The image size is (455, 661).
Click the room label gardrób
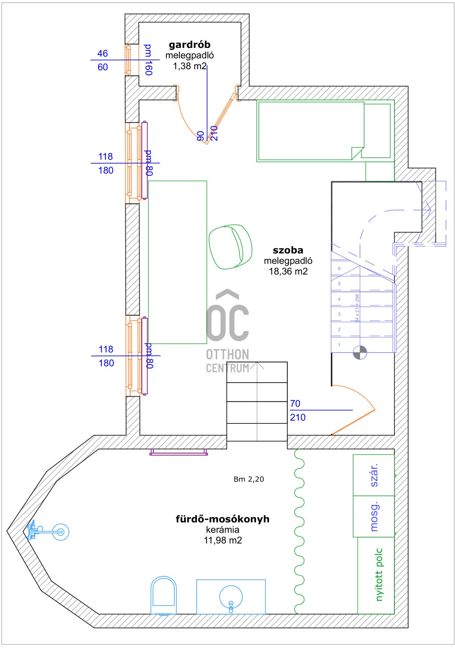pos(189,45)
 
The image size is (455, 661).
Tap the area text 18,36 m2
pos(288,272)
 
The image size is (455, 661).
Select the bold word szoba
pos(288,250)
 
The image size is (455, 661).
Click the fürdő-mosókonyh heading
pos(222,519)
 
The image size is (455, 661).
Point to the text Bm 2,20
pos(248,479)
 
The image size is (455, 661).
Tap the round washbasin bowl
pos(231,597)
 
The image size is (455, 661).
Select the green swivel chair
pos(230,246)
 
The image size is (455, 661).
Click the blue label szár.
pos(374,475)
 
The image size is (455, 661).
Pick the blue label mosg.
pos(374,516)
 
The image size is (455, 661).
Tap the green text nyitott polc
pos(379,575)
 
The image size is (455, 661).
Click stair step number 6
pos(339,269)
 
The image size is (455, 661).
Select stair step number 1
pos(339,345)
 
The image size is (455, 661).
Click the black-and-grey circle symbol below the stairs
pos(360,353)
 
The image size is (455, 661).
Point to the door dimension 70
pos(295,403)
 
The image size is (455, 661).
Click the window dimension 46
pos(103,53)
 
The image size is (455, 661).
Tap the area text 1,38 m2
pos(189,66)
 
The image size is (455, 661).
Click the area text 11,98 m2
pos(223,540)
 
